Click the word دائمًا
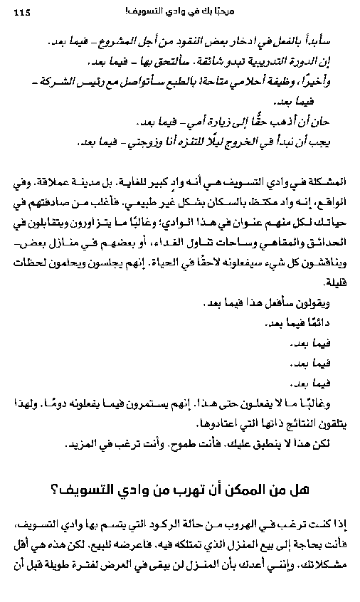point(312,322)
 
